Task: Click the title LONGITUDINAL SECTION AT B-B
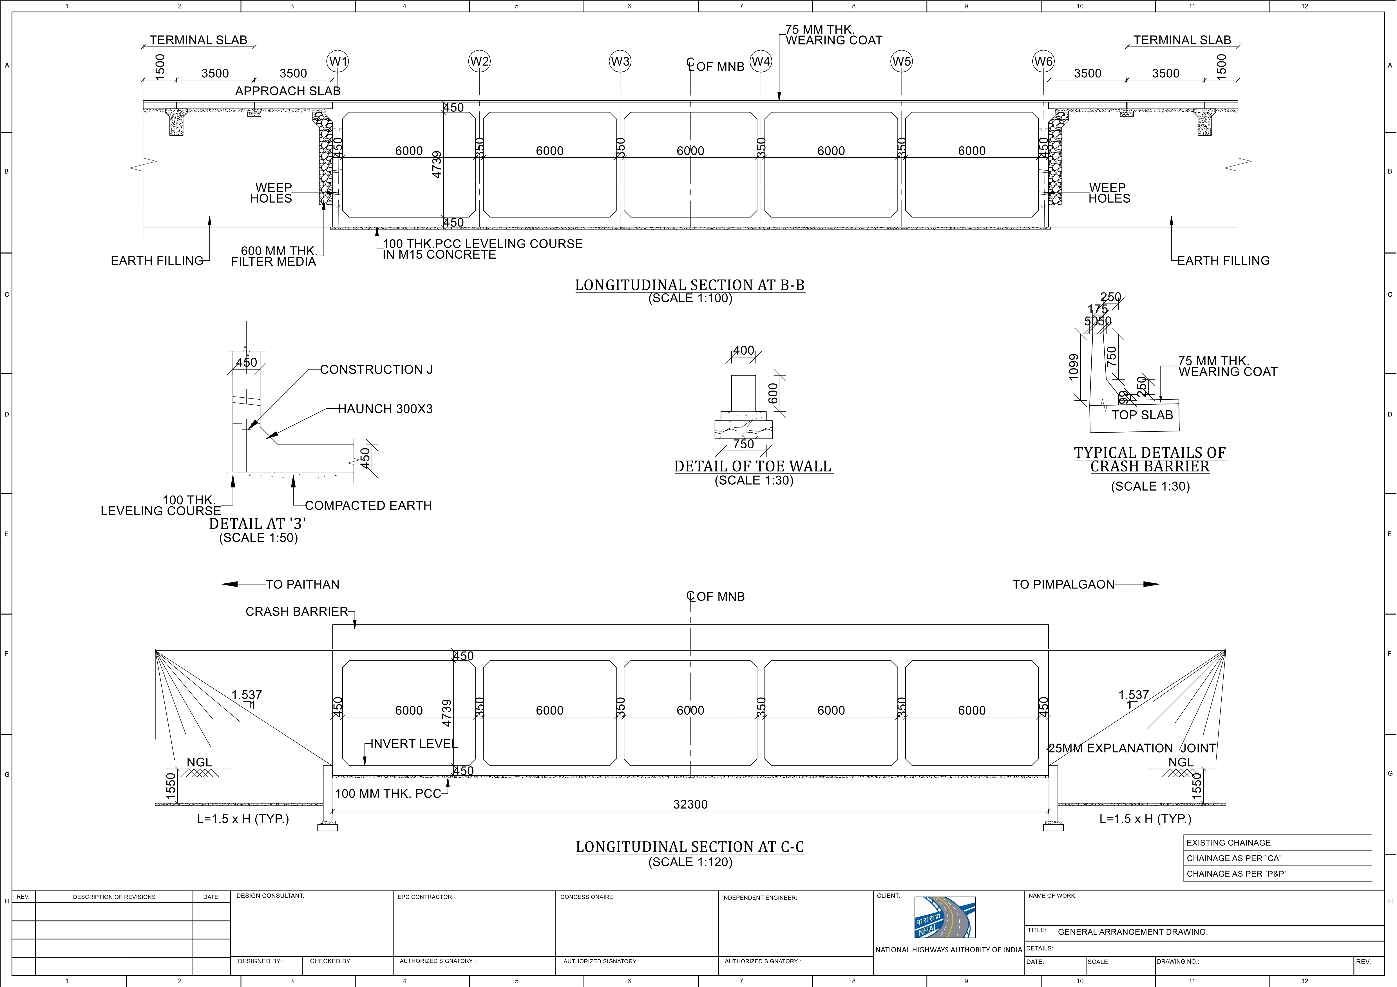coord(690,285)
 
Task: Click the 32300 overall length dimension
coord(690,804)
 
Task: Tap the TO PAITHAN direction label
coord(302,584)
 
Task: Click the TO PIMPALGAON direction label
coord(1063,584)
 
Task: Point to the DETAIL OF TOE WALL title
coord(753,466)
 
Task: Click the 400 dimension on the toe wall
coord(743,350)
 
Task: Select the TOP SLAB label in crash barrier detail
coord(1142,415)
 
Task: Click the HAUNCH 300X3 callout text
coord(385,409)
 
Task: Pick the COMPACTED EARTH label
coord(368,506)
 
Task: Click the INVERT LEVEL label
coord(414,744)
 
